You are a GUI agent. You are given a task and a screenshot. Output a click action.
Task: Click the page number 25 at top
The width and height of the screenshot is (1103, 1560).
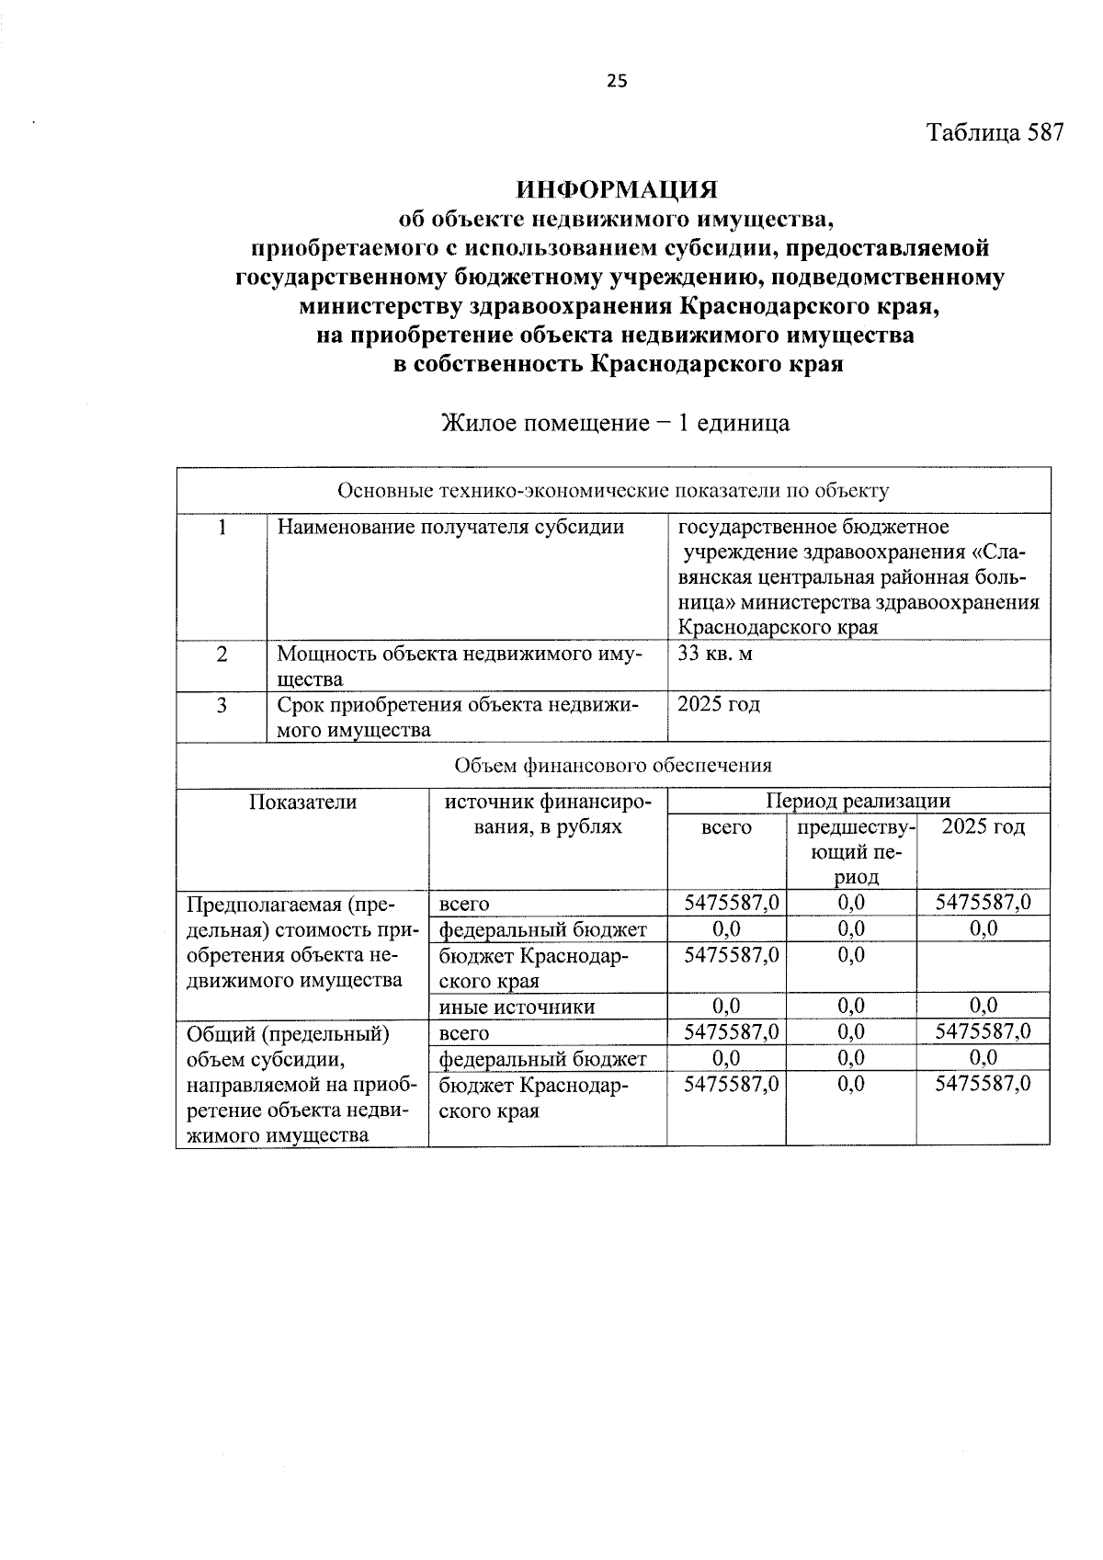[x=617, y=81]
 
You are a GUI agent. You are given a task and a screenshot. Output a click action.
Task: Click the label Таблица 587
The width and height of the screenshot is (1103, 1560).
[x=995, y=132]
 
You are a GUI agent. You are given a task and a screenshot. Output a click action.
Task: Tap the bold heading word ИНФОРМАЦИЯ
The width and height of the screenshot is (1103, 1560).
[x=616, y=190]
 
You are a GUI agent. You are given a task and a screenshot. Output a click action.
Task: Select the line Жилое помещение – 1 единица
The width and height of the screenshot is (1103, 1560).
[x=616, y=424]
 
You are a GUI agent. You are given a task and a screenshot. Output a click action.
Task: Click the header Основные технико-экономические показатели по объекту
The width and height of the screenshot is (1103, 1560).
[x=613, y=491]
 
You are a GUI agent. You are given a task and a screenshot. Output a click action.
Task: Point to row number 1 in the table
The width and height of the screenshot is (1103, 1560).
[x=222, y=528]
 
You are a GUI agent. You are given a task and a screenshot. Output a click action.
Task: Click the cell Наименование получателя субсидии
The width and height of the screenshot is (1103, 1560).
[x=450, y=528]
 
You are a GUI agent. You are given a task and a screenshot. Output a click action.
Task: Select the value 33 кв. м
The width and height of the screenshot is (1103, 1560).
[x=715, y=655]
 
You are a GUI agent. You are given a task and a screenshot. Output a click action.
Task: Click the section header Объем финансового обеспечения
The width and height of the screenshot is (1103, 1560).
[x=613, y=765]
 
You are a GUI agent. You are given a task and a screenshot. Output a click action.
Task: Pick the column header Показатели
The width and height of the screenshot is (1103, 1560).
[x=302, y=802]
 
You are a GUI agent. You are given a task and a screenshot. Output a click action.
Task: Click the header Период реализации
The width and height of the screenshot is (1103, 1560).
[x=858, y=802]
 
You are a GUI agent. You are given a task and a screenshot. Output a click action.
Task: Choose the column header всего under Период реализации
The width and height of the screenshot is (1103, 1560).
[x=726, y=827]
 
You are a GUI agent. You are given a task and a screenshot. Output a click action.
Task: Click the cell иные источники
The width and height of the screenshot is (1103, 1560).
[x=517, y=1007]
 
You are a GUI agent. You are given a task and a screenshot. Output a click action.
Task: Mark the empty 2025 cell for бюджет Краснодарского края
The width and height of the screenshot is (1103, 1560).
[x=983, y=967]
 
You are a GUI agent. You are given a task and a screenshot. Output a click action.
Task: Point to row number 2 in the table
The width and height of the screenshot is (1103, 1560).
[x=222, y=655]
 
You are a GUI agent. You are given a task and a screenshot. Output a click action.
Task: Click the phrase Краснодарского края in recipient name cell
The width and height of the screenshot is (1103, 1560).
[x=778, y=628]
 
